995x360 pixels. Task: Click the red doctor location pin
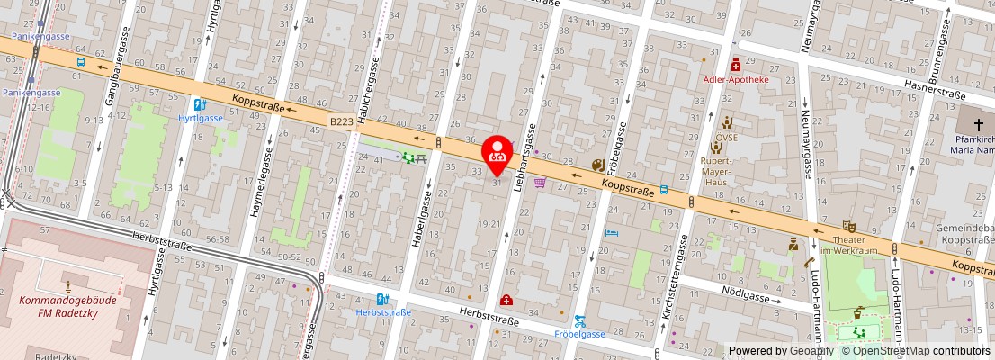click(497, 154)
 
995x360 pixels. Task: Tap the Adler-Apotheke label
click(736, 79)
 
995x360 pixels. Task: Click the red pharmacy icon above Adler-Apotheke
click(736, 65)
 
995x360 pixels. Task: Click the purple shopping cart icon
click(540, 183)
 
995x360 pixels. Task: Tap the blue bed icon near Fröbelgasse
click(612, 232)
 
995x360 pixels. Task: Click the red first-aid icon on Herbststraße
click(507, 300)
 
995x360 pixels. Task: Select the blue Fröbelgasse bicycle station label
click(579, 334)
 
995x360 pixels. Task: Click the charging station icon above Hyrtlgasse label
click(200, 104)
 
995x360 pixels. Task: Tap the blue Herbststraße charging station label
click(384, 312)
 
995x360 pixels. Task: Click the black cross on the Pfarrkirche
click(977, 121)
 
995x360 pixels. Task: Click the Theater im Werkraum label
click(848, 245)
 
